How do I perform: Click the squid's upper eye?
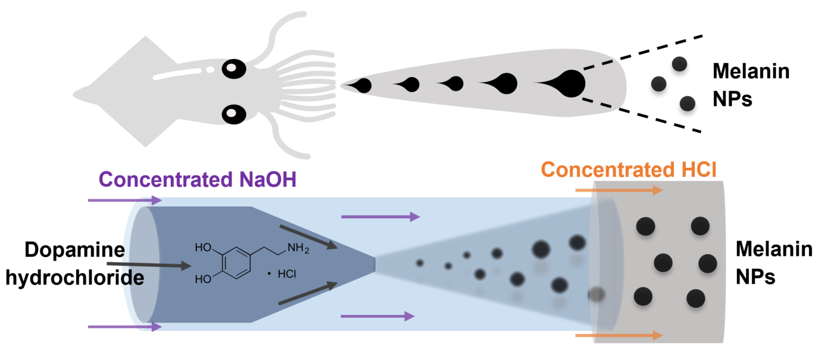point(234,69)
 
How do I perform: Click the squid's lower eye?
point(234,113)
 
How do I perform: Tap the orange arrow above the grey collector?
point(619,190)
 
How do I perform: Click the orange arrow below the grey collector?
point(619,336)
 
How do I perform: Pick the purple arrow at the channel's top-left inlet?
point(124,201)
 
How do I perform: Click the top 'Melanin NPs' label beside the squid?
point(751,85)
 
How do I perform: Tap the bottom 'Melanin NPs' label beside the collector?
point(774,262)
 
